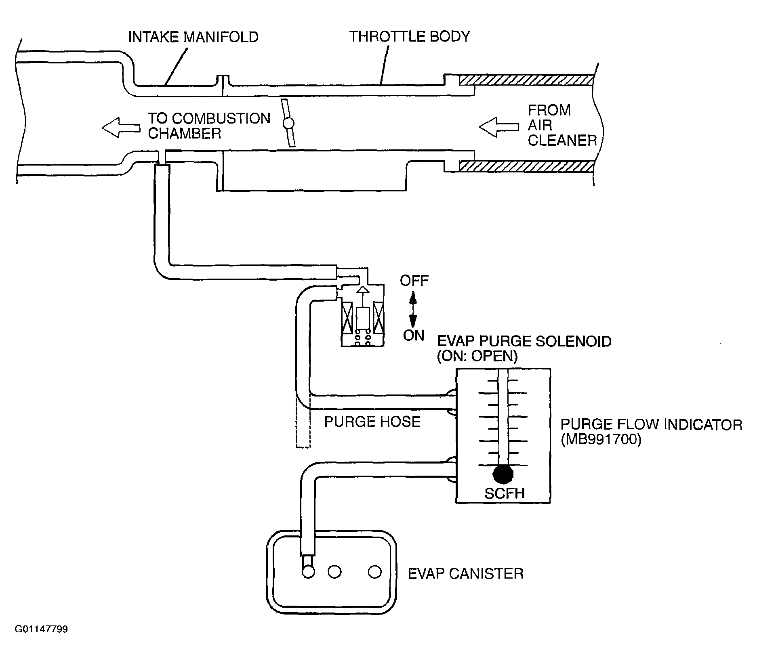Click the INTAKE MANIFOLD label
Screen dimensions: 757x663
(193, 37)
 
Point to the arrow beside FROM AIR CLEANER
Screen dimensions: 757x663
(499, 127)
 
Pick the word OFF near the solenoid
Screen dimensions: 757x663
(414, 281)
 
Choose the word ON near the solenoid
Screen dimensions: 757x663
(414, 335)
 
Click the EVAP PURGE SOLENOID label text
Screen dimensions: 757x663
(524, 342)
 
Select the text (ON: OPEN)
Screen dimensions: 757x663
(477, 357)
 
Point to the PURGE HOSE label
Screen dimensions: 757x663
(372, 422)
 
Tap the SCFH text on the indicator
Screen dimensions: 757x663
(505, 493)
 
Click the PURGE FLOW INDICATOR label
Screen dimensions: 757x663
(651, 425)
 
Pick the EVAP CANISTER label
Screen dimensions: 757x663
(466, 574)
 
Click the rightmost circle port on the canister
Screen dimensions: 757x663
(375, 572)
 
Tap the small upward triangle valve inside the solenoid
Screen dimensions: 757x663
(363, 290)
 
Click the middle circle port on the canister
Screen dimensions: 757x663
(334, 572)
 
